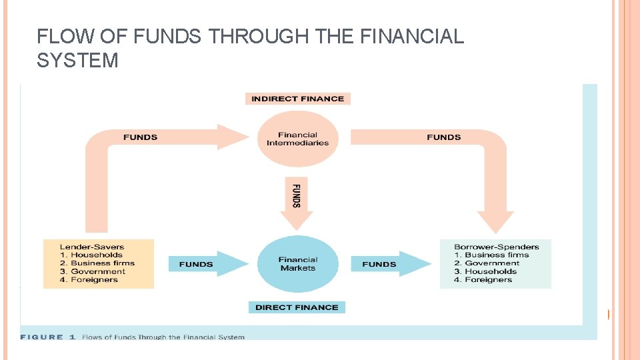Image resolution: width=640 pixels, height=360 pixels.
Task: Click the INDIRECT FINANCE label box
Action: click(297, 99)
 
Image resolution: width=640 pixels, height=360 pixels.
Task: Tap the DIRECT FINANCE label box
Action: click(297, 307)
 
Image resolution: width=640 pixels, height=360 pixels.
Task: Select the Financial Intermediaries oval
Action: click(297, 139)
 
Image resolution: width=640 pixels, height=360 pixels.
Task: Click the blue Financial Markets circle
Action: click(298, 264)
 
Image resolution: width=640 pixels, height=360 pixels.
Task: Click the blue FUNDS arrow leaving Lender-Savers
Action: click(200, 264)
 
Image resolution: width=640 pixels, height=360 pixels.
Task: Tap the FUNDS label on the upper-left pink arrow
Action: click(141, 137)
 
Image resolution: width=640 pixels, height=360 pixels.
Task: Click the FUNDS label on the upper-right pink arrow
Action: click(444, 137)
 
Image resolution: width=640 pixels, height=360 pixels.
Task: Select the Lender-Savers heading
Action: click(92, 247)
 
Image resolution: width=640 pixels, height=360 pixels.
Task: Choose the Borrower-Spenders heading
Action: click(496, 247)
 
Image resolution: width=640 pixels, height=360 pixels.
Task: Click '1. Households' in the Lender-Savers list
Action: click(92, 255)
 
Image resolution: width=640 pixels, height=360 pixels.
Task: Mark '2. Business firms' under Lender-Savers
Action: click(97, 263)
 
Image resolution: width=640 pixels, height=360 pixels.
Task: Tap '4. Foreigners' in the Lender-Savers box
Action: click(89, 280)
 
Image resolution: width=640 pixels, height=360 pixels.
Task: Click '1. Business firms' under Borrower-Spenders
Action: click(491, 255)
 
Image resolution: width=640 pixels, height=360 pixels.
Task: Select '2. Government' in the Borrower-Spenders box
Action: click(487, 263)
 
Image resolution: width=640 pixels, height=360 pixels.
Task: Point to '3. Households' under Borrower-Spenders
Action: click(485, 271)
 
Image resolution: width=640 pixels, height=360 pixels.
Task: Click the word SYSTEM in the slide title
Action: click(78, 61)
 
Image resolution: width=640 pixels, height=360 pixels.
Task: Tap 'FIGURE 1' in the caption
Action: click(43, 337)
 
